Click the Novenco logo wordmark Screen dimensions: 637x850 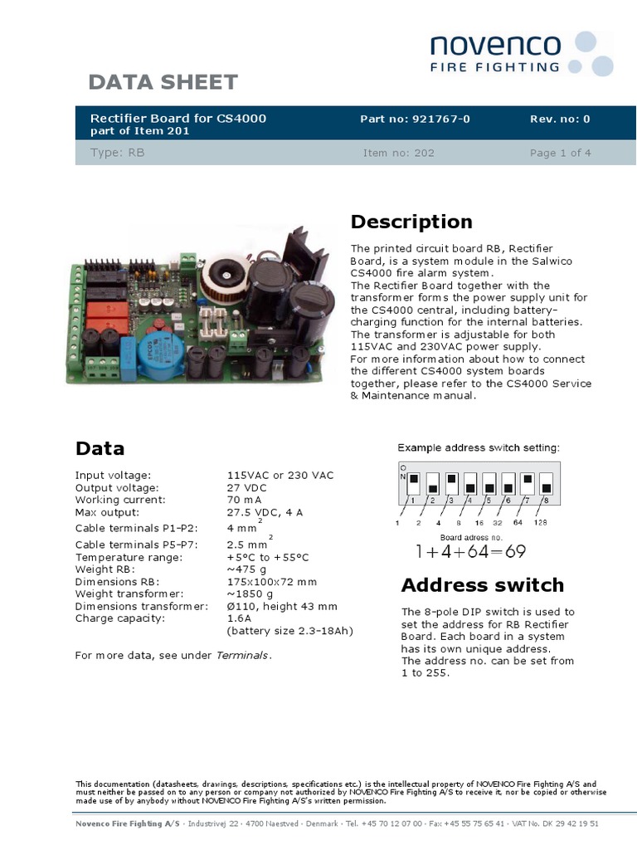point(495,46)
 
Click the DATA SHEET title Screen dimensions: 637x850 point(163,82)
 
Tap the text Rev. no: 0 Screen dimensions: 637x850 point(560,119)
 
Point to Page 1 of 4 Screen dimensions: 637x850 point(560,153)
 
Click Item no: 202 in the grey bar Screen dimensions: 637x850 point(398,153)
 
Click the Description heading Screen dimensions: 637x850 point(411,222)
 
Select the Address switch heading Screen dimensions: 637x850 point(482,585)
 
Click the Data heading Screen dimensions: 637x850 point(100,449)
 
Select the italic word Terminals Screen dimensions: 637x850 point(242,656)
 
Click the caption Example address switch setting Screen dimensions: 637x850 point(479,448)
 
